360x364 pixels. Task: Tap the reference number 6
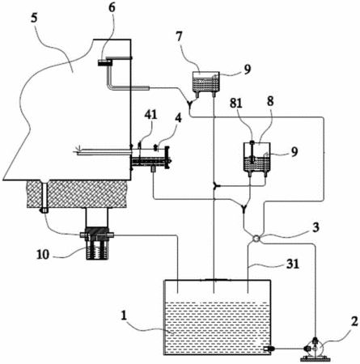pyautogui.click(x=112, y=7)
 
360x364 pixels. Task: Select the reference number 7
pyautogui.click(x=180, y=37)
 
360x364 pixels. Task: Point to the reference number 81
pyautogui.click(x=236, y=103)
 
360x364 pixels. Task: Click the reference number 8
pyautogui.click(x=270, y=102)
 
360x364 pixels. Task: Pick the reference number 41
pyautogui.click(x=150, y=115)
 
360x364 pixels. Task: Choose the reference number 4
pyautogui.click(x=178, y=118)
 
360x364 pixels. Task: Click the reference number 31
pyautogui.click(x=293, y=264)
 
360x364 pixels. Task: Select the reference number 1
pyautogui.click(x=124, y=315)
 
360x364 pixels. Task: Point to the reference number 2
pyautogui.click(x=354, y=321)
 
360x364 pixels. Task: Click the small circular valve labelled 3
pyautogui.click(x=256, y=239)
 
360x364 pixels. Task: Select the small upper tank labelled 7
pyautogui.click(x=205, y=82)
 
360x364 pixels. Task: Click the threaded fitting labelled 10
pyautogui.click(x=97, y=243)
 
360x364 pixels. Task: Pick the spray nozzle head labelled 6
pyautogui.click(x=105, y=63)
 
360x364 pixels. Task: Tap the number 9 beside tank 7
pyautogui.click(x=247, y=70)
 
